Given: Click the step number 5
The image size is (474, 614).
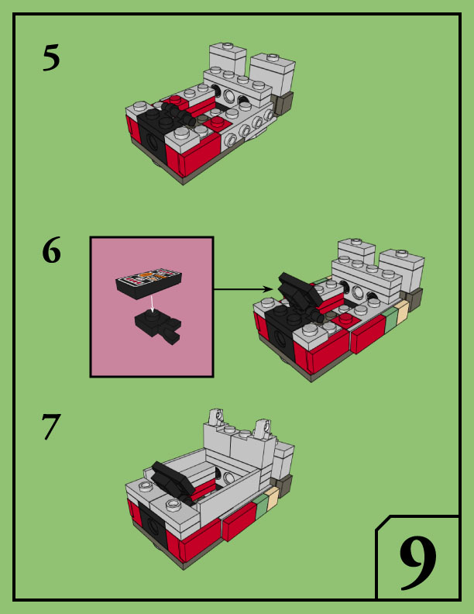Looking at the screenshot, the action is click(51, 57).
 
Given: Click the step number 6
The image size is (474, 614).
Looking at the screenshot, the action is click(52, 250).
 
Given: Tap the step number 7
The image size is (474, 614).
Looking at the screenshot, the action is click(51, 427).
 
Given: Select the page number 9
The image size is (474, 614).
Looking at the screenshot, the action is click(417, 563).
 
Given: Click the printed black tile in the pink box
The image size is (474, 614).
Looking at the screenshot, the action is click(149, 283).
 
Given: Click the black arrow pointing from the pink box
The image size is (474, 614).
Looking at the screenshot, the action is click(243, 289).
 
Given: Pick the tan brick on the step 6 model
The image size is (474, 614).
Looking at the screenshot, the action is click(403, 312).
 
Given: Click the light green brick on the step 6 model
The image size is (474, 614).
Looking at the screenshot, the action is click(390, 319).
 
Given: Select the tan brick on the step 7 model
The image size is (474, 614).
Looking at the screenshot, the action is click(273, 498).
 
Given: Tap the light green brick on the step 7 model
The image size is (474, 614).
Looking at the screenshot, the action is click(262, 505).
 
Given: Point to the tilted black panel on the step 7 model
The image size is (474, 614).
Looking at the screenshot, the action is click(173, 478).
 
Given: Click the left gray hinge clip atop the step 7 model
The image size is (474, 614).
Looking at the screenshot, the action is click(215, 418).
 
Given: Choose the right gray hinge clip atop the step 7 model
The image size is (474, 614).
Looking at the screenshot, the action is click(262, 429).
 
